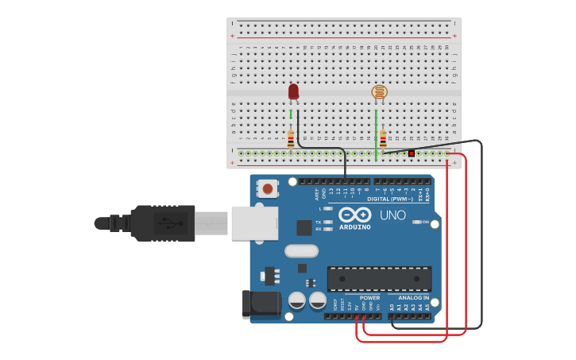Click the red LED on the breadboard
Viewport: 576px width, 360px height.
pyautogui.click(x=294, y=92)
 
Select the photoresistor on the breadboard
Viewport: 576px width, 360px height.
pyautogui.click(x=380, y=92)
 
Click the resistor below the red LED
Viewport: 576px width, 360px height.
pyautogui.click(x=291, y=139)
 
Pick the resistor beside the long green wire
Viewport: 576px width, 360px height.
pyautogui.click(x=383, y=139)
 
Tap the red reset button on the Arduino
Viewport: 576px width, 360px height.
pyautogui.click(x=269, y=189)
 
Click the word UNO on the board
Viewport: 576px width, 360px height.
pyautogui.click(x=392, y=215)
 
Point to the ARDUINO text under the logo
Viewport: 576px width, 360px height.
pyautogui.click(x=354, y=226)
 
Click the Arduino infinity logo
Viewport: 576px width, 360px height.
pyautogui.click(x=354, y=215)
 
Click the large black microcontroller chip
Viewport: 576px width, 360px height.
pyautogui.click(x=379, y=279)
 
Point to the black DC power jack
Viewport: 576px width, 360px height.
pyautogui.click(x=262, y=304)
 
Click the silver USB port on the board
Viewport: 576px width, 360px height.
pyautogui.click(x=255, y=223)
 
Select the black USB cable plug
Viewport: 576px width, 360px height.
pyautogui.click(x=162, y=223)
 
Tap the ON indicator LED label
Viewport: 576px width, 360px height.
pyautogui.click(x=426, y=222)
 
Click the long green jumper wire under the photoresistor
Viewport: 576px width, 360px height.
pyautogui.click(x=376, y=135)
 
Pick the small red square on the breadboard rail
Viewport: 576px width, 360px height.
pyautogui.click(x=412, y=153)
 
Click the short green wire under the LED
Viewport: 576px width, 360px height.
pyautogui.click(x=291, y=114)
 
